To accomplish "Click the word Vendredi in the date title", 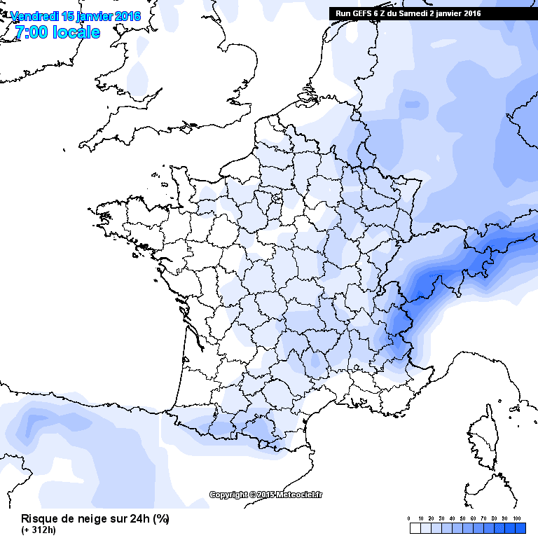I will (36, 16).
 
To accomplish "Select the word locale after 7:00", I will (75, 32).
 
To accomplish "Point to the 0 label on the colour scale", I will (409, 518).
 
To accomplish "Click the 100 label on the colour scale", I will (517, 518).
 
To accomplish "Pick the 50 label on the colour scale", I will (462, 518).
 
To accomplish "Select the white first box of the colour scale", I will (412, 527).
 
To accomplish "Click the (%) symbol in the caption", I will (160, 519).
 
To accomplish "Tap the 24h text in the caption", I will (139, 519).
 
